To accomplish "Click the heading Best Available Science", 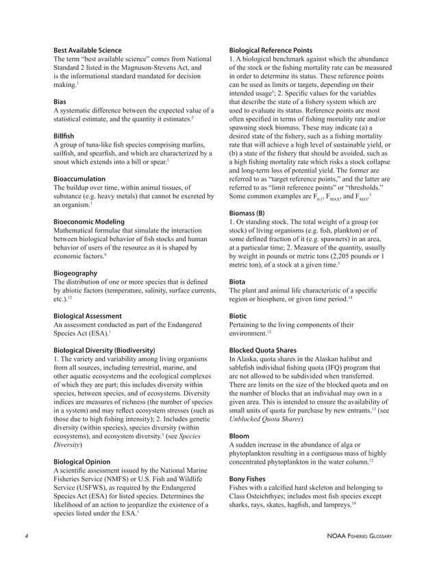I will (x=88, y=50).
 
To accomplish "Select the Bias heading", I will (x=60, y=100).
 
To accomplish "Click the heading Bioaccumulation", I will (x=79, y=178).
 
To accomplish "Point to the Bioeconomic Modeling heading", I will (x=89, y=222).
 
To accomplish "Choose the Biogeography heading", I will (x=75, y=273).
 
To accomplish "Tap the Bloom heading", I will (x=239, y=435).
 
